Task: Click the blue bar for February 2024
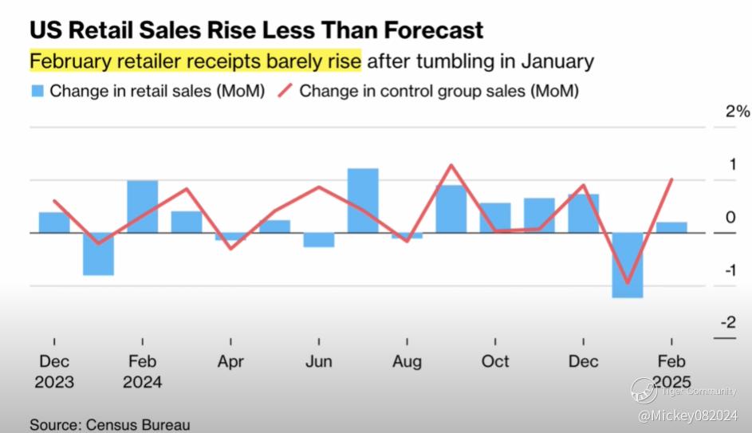point(143,207)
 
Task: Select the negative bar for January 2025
point(628,265)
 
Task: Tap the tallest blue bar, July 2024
point(363,200)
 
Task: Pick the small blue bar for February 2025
point(671,227)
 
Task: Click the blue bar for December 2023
point(54,222)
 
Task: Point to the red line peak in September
point(451,165)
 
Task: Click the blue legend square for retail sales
point(37,91)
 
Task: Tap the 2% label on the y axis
point(738,112)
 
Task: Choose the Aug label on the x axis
point(407,361)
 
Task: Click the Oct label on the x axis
point(495,361)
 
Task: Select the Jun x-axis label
point(318,361)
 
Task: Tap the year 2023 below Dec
point(54,382)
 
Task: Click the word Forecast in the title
point(430,30)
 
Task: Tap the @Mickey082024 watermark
point(687,415)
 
